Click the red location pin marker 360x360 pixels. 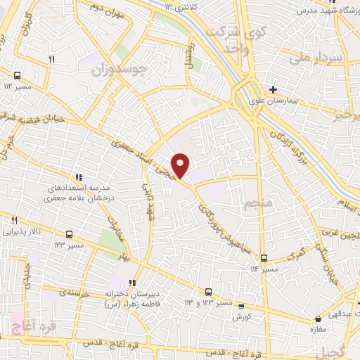(x=181, y=165)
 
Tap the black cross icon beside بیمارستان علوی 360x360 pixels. (x=274, y=90)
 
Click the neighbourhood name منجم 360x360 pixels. (x=257, y=205)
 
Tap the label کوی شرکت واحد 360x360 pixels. (x=242, y=40)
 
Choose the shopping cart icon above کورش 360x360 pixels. (x=242, y=307)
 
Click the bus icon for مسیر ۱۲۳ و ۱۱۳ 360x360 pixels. (x=208, y=292)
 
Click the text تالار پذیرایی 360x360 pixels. (x=20, y=230)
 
